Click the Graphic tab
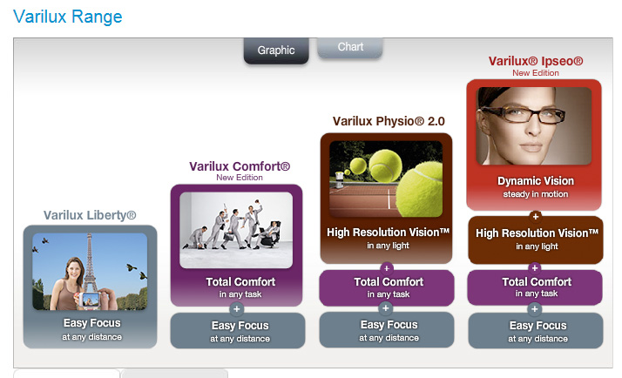276,51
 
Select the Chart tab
350,47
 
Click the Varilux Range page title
68,17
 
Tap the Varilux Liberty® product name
90,215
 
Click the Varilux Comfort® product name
240,166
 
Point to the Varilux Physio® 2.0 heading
389,121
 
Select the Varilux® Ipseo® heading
536,61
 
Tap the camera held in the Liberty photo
90,300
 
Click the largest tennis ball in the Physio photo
421,189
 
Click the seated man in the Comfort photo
268,235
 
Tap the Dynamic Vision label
536,181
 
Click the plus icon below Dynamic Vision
536,217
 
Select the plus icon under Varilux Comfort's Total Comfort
236,309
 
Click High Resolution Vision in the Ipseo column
537,233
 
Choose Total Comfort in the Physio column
389,281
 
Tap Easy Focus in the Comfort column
240,326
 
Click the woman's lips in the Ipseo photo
531,147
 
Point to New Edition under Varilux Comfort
240,178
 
